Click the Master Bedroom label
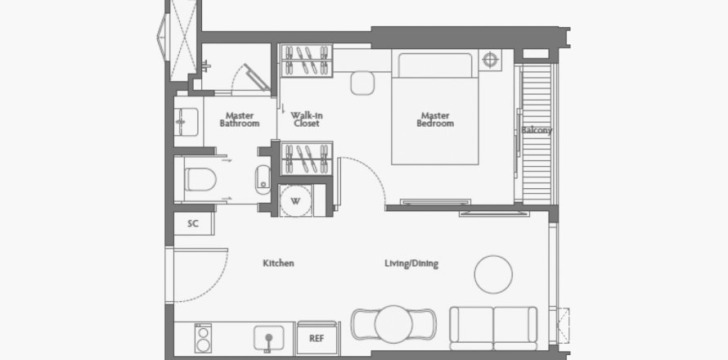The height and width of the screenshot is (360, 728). click(435, 119)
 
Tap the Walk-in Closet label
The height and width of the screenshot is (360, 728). click(307, 119)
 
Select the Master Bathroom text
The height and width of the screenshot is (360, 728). click(240, 119)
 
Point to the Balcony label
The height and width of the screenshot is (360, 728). click(537, 130)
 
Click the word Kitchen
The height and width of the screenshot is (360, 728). click(279, 263)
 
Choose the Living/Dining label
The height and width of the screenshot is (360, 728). click(411, 263)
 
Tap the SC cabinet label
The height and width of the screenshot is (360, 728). click(193, 223)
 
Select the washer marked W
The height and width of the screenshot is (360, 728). click(296, 200)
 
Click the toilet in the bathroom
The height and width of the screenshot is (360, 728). click(200, 179)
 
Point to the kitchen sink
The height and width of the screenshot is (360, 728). click(268, 338)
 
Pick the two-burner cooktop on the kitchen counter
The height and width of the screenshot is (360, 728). click(203, 338)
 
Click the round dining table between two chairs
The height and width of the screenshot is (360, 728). click(393, 324)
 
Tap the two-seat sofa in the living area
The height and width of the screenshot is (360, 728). click(493, 328)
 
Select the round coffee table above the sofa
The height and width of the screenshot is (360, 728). click(493, 274)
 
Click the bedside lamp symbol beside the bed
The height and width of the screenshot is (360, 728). click(490, 60)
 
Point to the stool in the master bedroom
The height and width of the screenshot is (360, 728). click(362, 83)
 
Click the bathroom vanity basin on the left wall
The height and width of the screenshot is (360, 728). click(186, 122)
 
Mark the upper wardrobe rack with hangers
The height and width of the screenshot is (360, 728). click(307, 61)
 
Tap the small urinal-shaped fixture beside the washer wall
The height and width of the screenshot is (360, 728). click(263, 179)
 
